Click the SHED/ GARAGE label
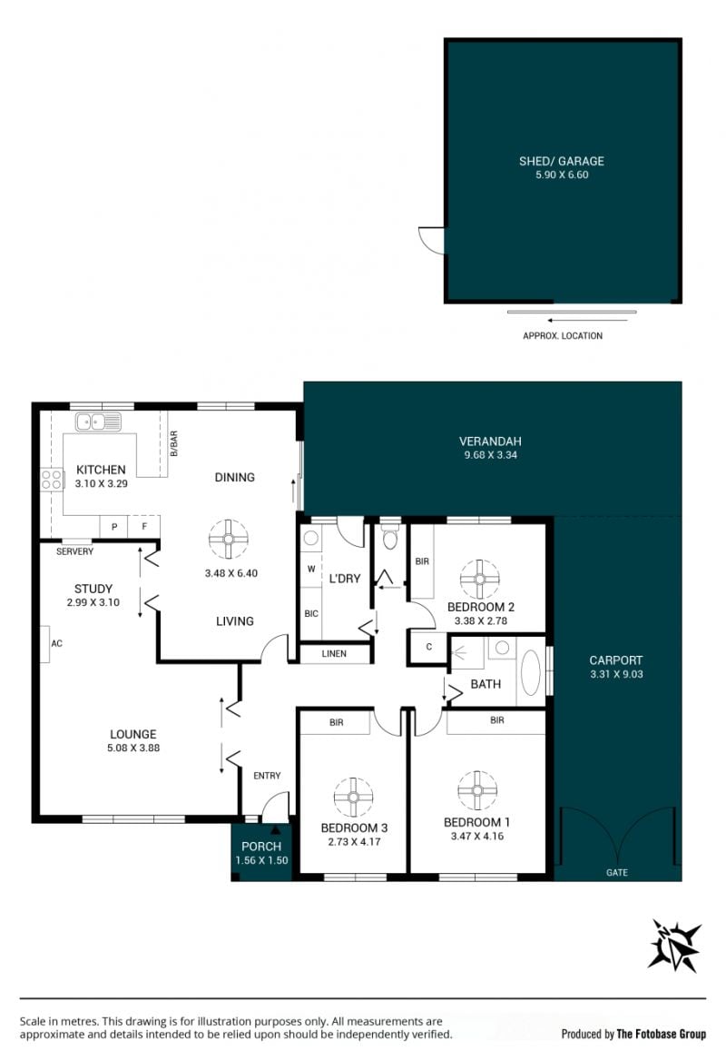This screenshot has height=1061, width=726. point(561,161)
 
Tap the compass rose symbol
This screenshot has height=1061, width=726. point(674,946)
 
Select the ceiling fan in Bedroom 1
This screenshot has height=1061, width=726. point(477,790)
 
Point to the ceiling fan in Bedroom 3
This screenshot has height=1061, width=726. point(353,797)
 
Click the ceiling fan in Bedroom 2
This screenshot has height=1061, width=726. point(479,580)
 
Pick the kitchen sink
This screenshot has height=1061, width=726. point(98,421)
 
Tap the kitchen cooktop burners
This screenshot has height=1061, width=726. point(52,480)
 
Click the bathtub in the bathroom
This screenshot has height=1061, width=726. point(531,672)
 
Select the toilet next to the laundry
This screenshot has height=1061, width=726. point(390,535)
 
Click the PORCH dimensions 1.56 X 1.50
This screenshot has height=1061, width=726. point(261,861)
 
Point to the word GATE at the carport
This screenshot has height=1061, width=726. point(616,873)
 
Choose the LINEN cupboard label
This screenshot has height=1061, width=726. point(334,654)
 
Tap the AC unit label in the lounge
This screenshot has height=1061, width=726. point(57,643)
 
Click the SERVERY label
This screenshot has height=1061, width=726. point(75,551)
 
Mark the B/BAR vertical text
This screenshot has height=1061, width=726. point(173,444)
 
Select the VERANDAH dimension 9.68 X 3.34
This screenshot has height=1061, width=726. point(490,455)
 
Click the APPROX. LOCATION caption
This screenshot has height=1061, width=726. point(563,335)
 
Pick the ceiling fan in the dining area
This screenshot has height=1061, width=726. point(229,540)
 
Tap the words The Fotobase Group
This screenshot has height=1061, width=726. point(661,1033)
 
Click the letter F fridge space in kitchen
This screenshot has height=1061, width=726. point(144,526)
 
